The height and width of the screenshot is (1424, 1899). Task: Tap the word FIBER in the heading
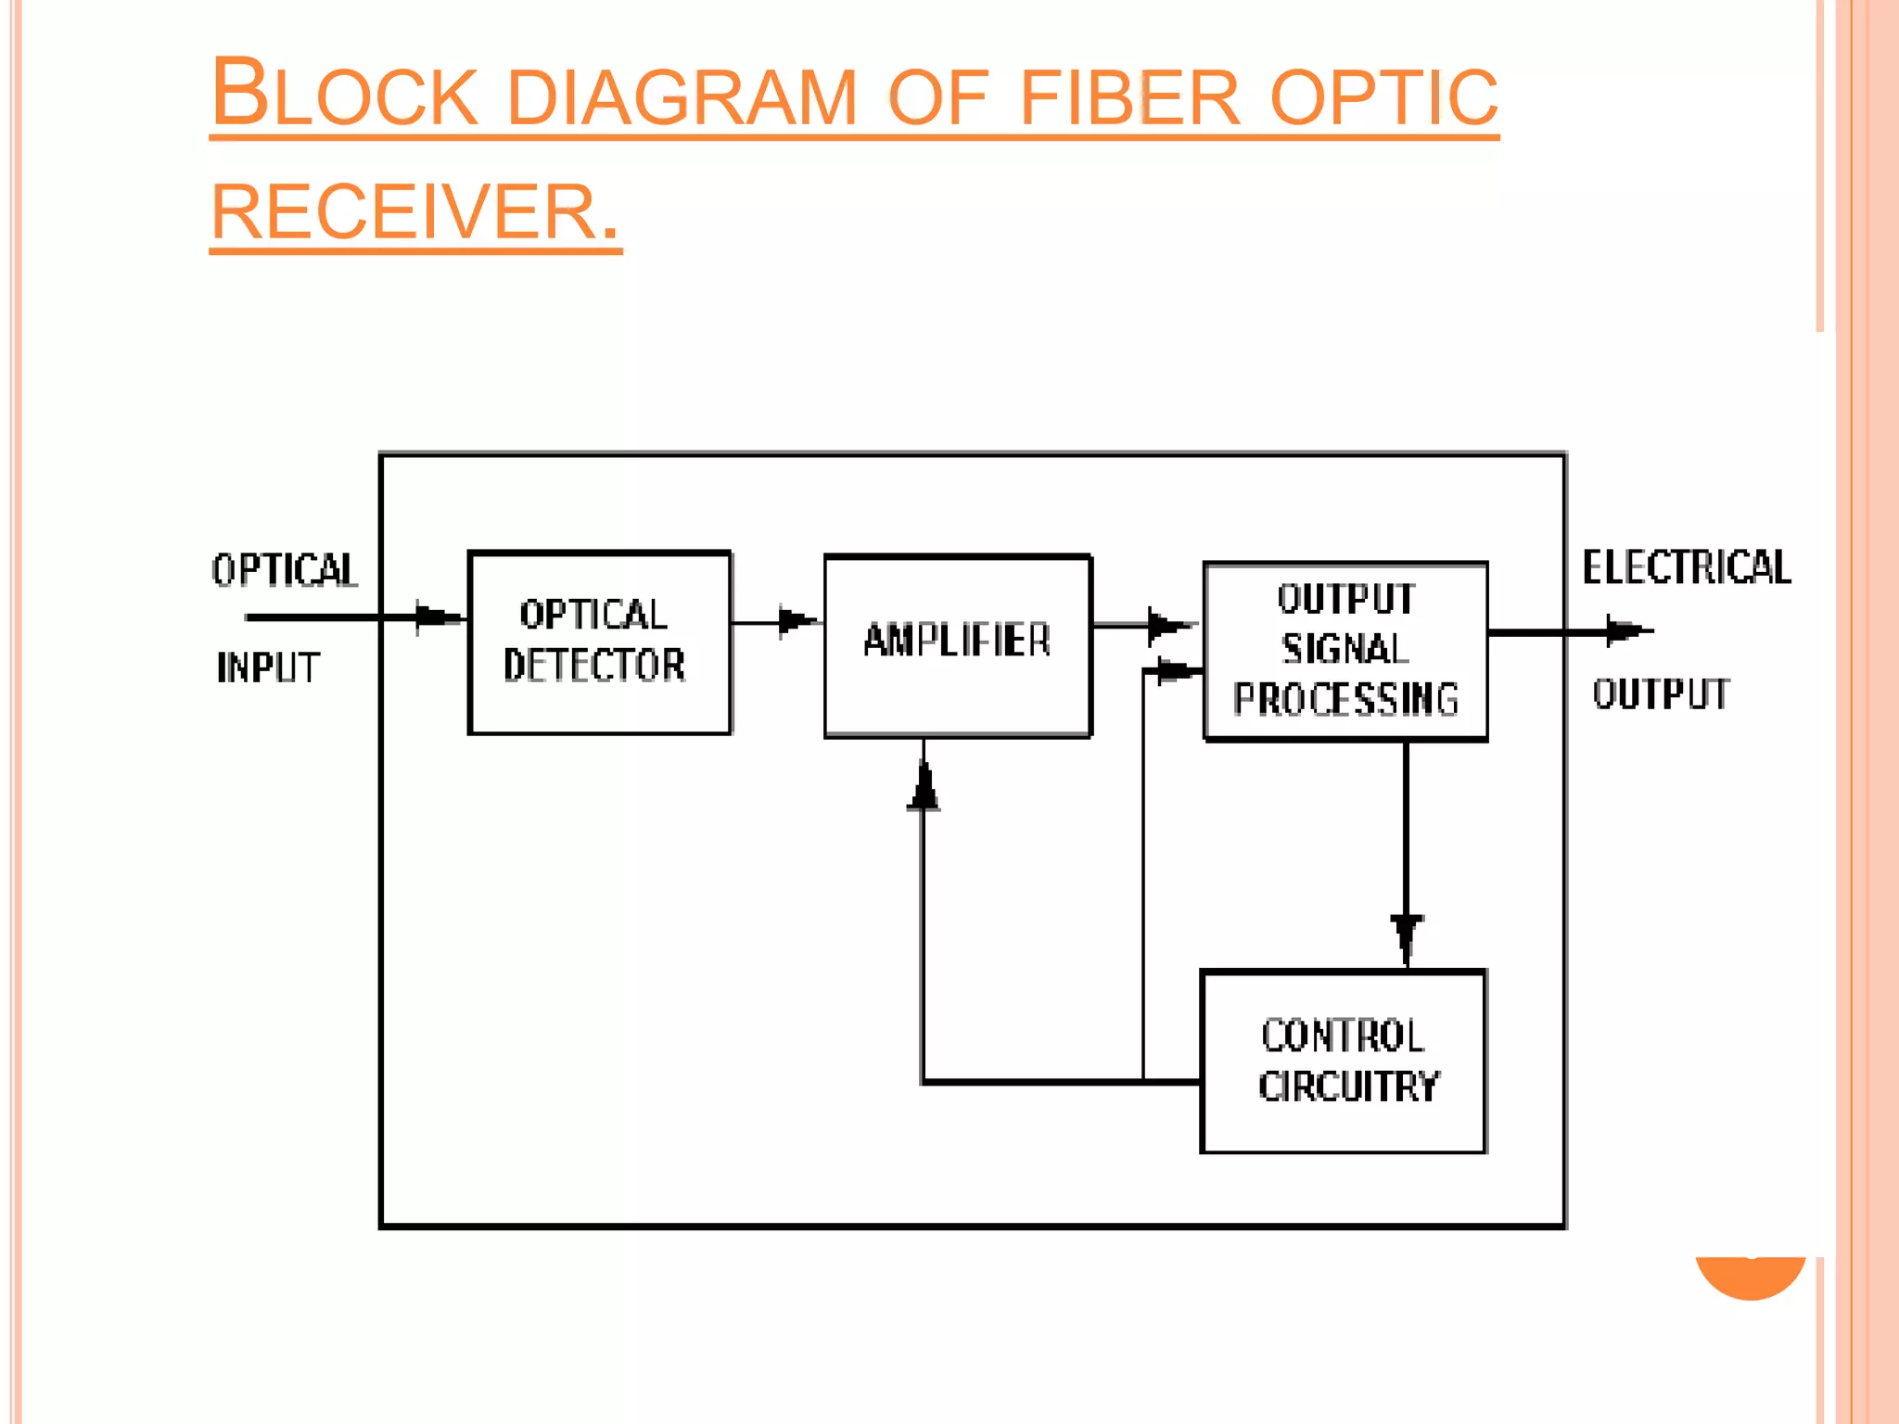pyautogui.click(x=1129, y=97)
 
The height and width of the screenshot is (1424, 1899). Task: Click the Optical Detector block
pyautogui.click(x=600, y=642)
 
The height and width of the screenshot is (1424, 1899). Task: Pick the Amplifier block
pyautogui.click(x=957, y=646)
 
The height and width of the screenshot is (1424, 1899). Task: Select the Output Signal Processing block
pyautogui.click(x=1345, y=650)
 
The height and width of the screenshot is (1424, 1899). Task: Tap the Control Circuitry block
pyautogui.click(x=1344, y=1062)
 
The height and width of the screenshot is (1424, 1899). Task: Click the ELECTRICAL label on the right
pyautogui.click(x=1687, y=567)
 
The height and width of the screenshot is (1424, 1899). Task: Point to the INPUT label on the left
pyautogui.click(x=268, y=667)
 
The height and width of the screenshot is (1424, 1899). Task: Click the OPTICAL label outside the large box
pyautogui.click(x=284, y=569)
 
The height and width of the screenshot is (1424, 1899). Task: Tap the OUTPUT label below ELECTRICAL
pyautogui.click(x=1661, y=693)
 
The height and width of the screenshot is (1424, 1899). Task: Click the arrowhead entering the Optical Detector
pyautogui.click(x=436, y=617)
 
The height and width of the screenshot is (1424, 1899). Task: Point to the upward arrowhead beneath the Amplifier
pyautogui.click(x=924, y=788)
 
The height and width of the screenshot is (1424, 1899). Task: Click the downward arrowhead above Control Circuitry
pyautogui.click(x=1407, y=934)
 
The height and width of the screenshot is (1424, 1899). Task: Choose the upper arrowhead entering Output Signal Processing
pyautogui.click(x=1166, y=626)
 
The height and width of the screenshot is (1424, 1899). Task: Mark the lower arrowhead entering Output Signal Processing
pyautogui.click(x=1174, y=670)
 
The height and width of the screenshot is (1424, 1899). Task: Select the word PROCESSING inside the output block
pyautogui.click(x=1345, y=699)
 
